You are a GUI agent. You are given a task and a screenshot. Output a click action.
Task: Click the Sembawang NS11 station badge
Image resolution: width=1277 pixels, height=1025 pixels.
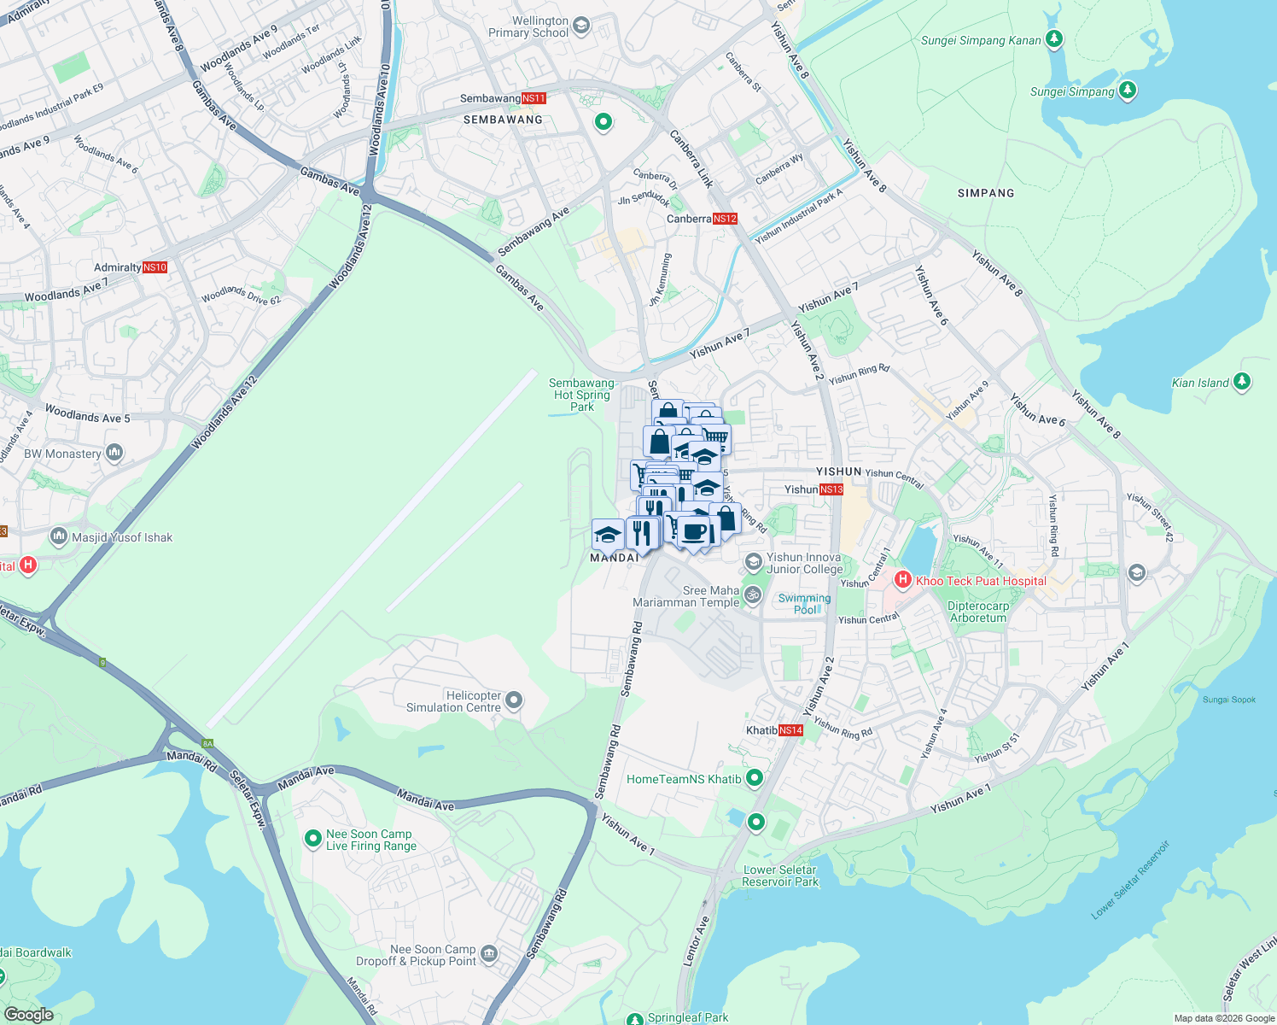point(534,98)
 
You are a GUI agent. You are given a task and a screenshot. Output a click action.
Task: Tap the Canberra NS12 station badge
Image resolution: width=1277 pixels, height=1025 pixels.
point(725,219)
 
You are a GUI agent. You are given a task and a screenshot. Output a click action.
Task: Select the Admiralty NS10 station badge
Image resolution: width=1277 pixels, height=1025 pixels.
point(155,267)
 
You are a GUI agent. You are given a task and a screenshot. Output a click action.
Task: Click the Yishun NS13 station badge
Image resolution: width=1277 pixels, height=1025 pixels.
point(831,489)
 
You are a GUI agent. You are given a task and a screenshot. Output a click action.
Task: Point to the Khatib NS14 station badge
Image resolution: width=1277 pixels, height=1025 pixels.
point(790,730)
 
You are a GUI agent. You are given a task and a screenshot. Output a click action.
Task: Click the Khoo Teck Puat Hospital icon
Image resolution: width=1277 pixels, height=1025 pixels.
point(903,580)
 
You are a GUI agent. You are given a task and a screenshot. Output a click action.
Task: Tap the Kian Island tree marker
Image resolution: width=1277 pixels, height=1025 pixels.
point(1242,382)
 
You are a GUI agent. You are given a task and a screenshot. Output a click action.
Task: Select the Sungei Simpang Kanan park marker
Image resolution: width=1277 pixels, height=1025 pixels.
point(1054,39)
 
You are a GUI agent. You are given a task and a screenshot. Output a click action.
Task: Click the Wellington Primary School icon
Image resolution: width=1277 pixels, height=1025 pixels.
point(581,26)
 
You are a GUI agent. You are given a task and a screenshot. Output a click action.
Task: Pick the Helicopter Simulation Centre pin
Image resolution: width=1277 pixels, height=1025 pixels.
point(514,701)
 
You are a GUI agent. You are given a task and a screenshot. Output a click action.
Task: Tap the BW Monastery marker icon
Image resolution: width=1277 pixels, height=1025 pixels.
point(114,453)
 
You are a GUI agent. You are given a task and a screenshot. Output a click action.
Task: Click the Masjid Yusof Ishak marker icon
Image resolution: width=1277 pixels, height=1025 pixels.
point(59,536)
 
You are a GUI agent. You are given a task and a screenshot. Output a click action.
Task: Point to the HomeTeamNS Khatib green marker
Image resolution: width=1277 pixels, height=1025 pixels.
point(755,778)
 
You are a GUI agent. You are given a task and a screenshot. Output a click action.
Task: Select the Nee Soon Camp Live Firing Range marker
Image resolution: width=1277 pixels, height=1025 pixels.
point(313,839)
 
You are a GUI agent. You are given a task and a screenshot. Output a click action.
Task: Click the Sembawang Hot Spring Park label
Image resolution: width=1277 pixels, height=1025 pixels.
point(582,395)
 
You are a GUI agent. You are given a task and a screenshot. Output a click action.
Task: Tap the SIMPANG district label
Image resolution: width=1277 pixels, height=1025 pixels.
point(986,193)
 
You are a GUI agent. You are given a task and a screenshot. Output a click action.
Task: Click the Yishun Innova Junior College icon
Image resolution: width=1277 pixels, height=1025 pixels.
point(754,562)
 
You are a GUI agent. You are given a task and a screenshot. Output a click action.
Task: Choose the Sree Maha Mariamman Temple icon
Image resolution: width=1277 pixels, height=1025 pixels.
point(752,595)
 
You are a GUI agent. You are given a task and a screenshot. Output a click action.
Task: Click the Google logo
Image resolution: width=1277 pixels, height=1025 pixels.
point(29,1014)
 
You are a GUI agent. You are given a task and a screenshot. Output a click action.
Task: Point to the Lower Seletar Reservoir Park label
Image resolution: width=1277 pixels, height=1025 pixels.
point(780,876)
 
